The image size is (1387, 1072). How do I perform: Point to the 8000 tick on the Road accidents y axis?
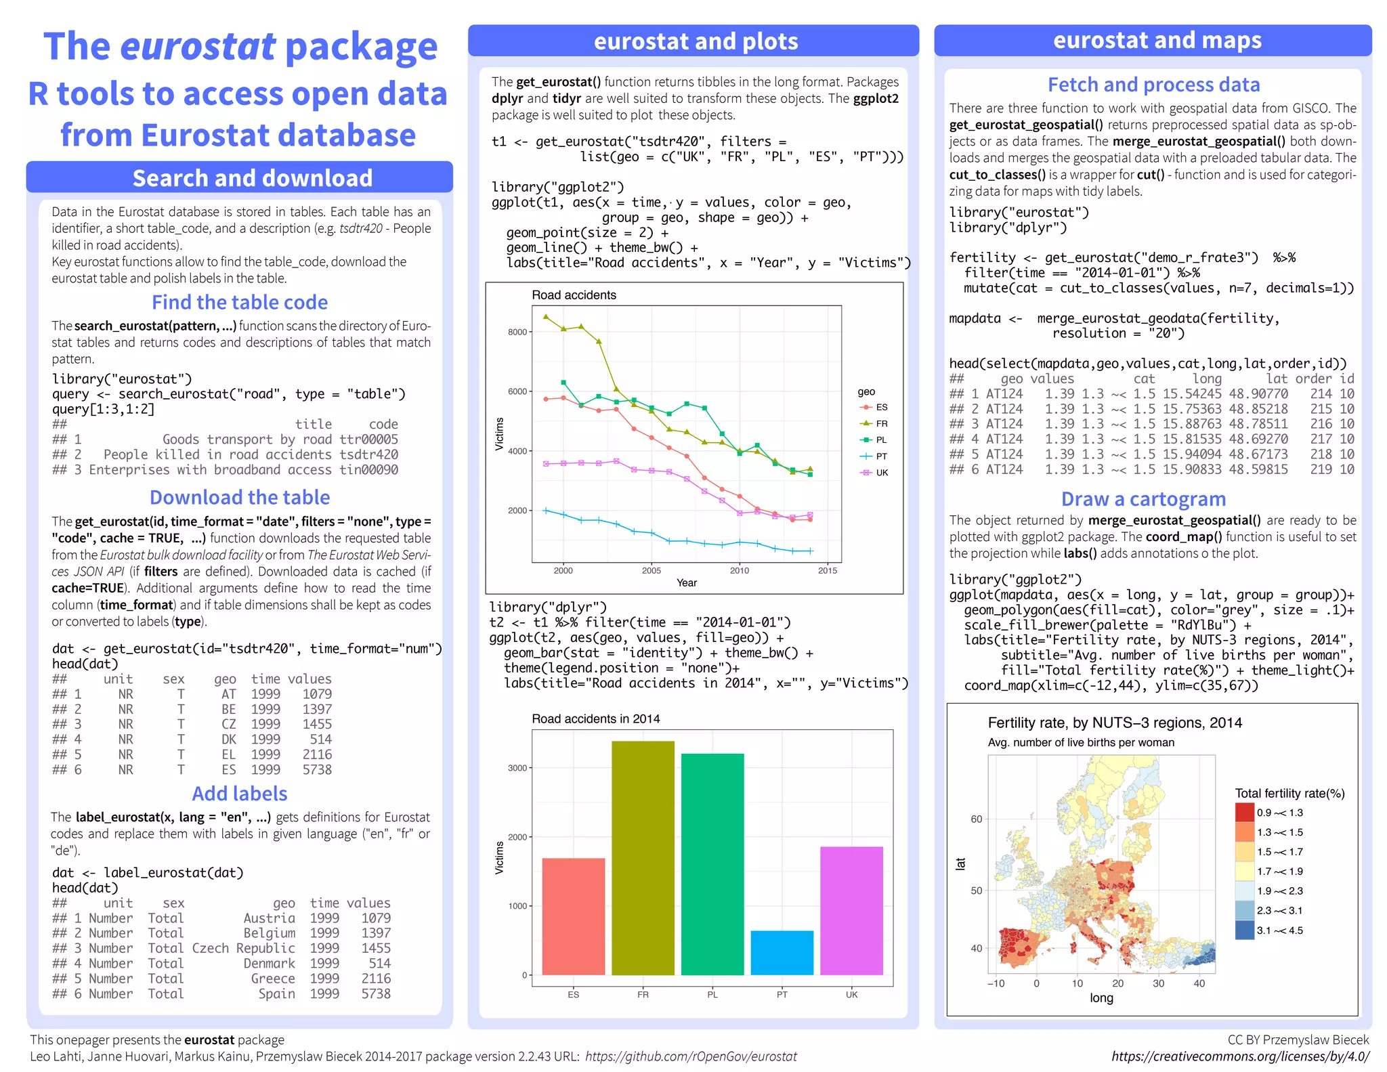[517, 332]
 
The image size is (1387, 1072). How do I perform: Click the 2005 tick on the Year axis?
[652, 571]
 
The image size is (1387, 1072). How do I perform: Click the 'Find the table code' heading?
[240, 302]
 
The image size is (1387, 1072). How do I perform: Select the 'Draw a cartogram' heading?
[1143, 499]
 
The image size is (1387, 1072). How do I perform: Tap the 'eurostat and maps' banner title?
[1157, 41]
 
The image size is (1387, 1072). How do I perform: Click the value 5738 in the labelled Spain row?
[376, 993]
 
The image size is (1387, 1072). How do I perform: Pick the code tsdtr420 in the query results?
[369, 454]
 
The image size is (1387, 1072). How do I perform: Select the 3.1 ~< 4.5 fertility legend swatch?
[1244, 930]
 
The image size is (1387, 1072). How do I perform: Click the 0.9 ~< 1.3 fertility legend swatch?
[1244, 812]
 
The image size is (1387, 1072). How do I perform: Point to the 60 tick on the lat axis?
[976, 819]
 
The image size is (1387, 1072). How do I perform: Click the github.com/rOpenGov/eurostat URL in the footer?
[691, 1056]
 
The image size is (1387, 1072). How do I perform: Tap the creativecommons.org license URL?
[1240, 1056]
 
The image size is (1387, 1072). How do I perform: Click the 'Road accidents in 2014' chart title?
[595, 719]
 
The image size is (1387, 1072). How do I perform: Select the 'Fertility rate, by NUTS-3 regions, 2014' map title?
[1115, 723]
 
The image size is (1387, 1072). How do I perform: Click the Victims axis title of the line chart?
[499, 433]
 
